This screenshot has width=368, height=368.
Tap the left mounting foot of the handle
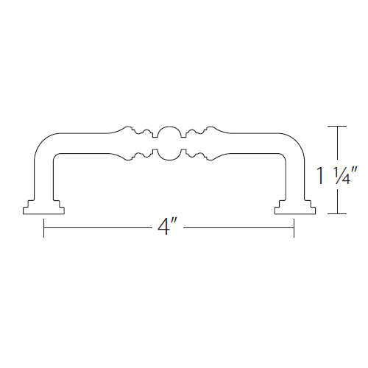point(43,208)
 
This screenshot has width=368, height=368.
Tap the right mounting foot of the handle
point(295,208)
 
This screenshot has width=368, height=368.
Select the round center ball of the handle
point(169,144)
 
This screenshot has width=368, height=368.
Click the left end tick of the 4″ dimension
point(43,228)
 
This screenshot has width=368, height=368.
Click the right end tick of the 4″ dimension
point(294,228)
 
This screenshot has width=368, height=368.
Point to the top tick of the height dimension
point(337,126)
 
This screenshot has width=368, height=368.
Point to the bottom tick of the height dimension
point(337,213)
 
